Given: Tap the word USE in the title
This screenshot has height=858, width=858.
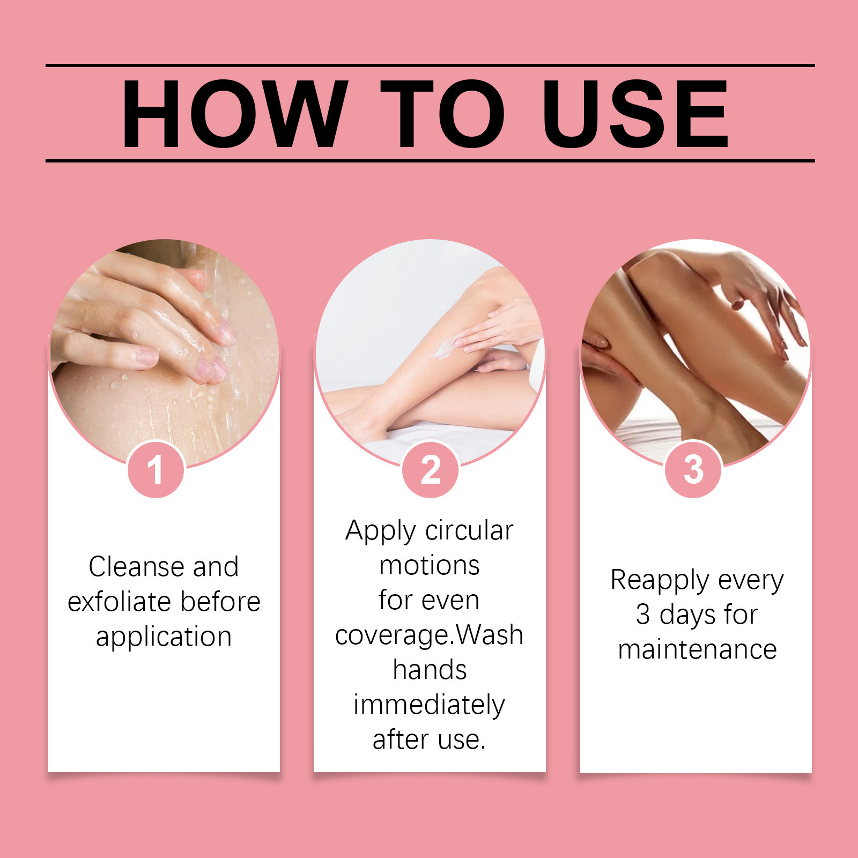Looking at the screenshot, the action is [x=635, y=114].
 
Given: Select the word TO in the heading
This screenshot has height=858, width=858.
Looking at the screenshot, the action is [x=443, y=114].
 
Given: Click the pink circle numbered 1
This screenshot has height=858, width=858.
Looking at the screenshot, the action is [x=156, y=469].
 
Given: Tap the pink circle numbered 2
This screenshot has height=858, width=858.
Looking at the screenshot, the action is [x=431, y=469].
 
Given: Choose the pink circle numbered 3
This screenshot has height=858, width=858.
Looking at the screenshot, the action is [x=693, y=469].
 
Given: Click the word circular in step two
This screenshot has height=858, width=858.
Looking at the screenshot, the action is [x=469, y=530].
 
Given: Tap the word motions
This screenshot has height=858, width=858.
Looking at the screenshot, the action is [x=430, y=566].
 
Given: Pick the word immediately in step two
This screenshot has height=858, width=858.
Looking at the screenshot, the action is [x=429, y=705].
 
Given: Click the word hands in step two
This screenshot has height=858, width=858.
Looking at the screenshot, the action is [x=430, y=670].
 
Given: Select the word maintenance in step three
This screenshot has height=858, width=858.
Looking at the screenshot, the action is [x=697, y=649].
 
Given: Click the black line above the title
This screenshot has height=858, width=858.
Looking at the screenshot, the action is [x=430, y=65].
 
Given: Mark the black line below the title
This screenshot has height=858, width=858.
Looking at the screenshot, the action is [x=430, y=160].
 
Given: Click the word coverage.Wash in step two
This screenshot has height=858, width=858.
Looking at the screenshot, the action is [x=429, y=636].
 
